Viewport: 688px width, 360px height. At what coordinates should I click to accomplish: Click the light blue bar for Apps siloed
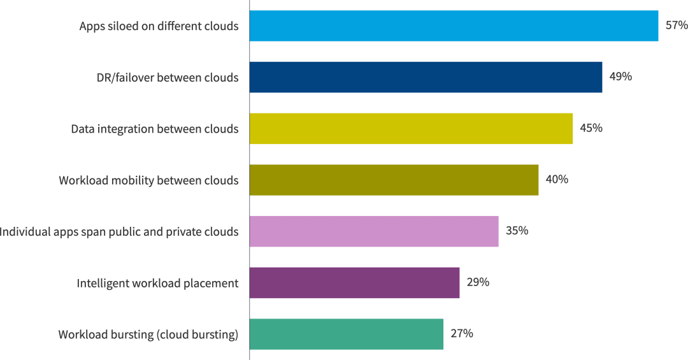coord(454,26)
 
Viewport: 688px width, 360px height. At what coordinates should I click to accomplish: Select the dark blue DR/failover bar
coord(426,77)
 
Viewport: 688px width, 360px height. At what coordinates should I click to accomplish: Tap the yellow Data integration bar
coord(411,129)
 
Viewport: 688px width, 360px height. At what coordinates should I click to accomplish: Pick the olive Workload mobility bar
coord(394,180)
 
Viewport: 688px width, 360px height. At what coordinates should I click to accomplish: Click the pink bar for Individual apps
coord(374,231)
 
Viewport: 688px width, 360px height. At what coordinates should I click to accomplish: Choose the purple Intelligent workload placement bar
coord(354,283)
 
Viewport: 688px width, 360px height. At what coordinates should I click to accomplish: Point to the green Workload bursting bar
coord(346,334)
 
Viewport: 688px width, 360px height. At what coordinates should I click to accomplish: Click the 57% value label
coord(677,25)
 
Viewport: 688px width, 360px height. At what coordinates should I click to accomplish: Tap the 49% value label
coord(620,76)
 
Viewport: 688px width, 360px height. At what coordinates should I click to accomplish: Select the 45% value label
coord(591,128)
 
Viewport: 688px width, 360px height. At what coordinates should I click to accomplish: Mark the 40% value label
coord(557,179)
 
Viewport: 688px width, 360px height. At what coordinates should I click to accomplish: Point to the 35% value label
coord(517,231)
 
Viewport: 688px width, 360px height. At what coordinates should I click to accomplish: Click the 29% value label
coord(478,282)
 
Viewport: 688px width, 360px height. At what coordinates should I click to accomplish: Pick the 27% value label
coord(462,333)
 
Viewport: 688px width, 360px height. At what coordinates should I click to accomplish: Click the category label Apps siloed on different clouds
coord(159,26)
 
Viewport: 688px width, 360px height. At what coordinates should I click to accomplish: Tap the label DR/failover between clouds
coord(163,78)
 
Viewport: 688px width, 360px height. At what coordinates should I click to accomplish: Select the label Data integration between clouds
coord(155,129)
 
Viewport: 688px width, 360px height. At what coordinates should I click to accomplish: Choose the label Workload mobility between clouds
coord(148,180)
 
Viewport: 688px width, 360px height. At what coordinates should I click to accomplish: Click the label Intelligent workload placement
coord(157,283)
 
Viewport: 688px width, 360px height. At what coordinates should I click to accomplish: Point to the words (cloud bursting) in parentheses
coord(197,335)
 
